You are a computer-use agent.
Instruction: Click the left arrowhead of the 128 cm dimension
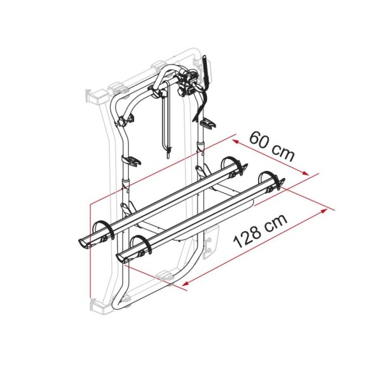(183, 285)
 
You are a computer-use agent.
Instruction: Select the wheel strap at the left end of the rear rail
(102, 228)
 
